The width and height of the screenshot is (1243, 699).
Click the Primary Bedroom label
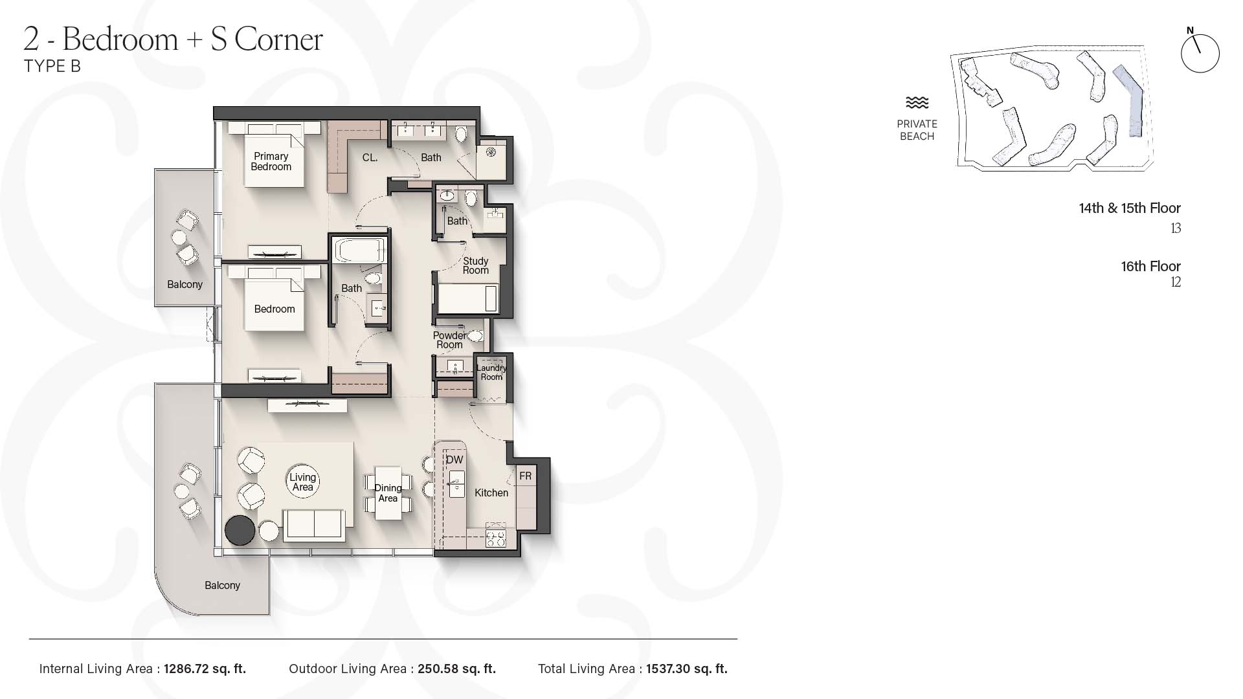click(x=271, y=162)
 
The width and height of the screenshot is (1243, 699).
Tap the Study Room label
click(x=476, y=266)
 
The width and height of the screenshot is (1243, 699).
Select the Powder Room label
click(x=449, y=340)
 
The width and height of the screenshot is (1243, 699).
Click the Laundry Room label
click(x=491, y=372)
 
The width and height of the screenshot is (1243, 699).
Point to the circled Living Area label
click(x=302, y=482)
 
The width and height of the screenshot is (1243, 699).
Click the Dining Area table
click(x=388, y=493)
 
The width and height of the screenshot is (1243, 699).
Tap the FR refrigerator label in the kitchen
click(x=525, y=476)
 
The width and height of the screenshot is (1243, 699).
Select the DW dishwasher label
click(x=454, y=460)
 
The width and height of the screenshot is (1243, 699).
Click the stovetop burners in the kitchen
click(x=496, y=538)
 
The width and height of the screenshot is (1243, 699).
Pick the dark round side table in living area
click(x=240, y=531)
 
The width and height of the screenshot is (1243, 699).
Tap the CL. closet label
click(x=370, y=157)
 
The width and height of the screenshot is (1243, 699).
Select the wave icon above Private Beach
click(x=917, y=103)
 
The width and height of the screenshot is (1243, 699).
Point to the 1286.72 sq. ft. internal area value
click(x=205, y=669)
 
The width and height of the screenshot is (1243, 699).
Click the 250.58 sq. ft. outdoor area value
click(x=456, y=669)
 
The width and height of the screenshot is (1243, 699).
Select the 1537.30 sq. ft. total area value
click(x=687, y=669)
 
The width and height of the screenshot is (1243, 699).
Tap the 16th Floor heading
click(x=1150, y=266)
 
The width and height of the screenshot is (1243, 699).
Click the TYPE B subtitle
click(x=52, y=66)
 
